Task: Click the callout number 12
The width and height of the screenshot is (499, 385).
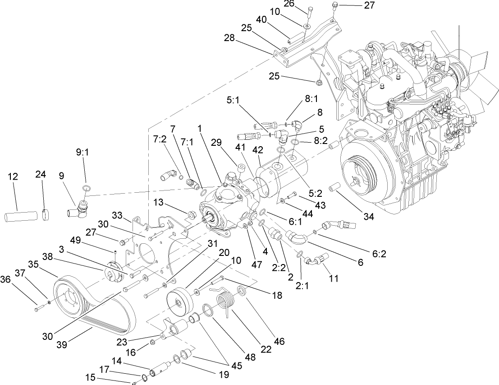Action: click(13, 176)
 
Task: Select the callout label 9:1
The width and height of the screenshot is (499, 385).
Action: click(82, 152)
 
